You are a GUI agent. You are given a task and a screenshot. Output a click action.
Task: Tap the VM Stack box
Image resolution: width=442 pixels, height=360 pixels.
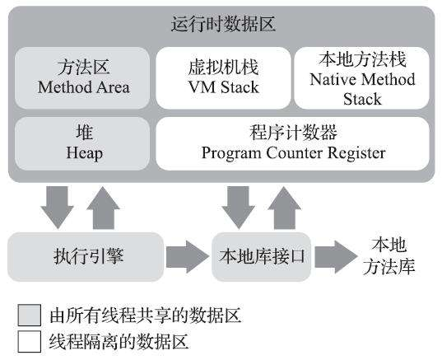223,76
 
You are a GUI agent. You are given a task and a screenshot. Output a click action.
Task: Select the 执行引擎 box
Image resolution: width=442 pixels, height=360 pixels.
84,255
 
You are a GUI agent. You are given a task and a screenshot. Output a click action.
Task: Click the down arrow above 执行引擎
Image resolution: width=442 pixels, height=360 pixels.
57,207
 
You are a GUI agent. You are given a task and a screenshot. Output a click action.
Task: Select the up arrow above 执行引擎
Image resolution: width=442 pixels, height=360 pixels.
105,207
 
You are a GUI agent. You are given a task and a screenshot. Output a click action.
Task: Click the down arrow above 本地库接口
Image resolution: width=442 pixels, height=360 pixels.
238,207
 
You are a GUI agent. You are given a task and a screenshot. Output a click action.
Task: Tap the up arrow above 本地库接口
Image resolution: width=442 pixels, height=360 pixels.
286,207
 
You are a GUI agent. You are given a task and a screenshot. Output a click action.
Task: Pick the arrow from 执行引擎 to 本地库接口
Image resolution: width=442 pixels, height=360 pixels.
188,256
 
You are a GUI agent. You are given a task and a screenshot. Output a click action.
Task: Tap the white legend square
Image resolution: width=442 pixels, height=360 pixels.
30,339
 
